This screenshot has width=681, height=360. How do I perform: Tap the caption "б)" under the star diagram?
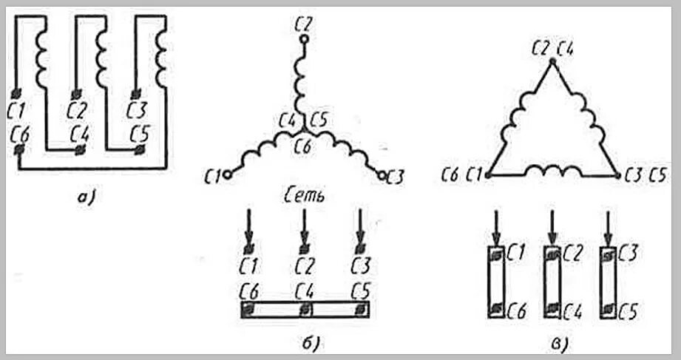(302, 344)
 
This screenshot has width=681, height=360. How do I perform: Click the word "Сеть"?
(303, 197)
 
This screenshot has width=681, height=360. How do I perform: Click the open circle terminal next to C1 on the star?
(228, 174)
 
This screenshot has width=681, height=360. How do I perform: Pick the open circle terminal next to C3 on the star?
(381, 175)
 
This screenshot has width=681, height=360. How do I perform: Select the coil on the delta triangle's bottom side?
(551, 172)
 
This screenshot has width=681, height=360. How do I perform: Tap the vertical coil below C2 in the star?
(302, 81)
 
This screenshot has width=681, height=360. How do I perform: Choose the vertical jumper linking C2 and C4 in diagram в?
(551, 281)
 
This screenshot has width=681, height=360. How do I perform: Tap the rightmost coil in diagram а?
(160, 54)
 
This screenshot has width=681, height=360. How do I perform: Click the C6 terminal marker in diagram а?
(18, 151)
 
